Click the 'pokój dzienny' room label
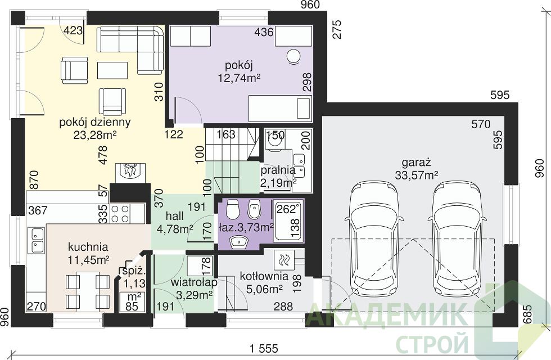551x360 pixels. (95, 123)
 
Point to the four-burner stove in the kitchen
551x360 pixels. (120, 214)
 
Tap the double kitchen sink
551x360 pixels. (37, 240)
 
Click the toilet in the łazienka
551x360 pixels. (232, 209)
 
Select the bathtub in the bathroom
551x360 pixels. (287, 220)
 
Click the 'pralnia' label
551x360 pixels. (278, 170)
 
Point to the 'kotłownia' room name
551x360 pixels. (264, 276)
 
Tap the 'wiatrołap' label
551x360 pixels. (194, 282)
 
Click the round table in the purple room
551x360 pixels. (293, 57)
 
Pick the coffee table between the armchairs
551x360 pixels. (112, 70)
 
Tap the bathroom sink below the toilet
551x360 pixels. (240, 241)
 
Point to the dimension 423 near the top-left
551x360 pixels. (73, 30)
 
